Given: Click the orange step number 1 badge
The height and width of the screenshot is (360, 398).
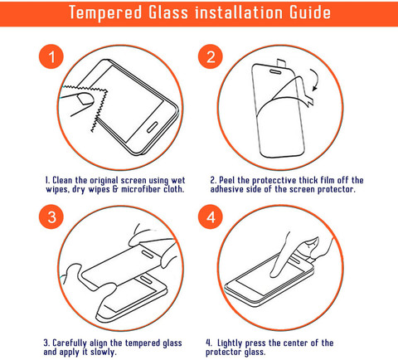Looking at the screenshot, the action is [51, 56].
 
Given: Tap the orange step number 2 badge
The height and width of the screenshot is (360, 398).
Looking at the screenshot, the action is [211, 56].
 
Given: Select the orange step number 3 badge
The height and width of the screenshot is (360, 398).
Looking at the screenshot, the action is [51, 216].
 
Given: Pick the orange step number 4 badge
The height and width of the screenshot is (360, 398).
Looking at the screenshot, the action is [211, 216].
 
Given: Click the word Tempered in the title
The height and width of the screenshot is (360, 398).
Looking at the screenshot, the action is [105, 12].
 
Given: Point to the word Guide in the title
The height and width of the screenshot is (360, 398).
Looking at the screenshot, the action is [310, 12].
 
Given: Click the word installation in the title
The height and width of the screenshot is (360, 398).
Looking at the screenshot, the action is [239, 12].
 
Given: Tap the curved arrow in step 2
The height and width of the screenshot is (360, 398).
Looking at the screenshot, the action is [315, 80].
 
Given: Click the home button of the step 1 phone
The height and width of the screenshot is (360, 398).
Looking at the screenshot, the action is [152, 127].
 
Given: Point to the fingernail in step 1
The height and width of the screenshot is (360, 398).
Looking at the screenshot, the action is [85, 99].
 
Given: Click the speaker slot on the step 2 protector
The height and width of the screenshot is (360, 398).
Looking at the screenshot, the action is [275, 71].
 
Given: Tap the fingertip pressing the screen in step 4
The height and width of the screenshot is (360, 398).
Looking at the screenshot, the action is [275, 273].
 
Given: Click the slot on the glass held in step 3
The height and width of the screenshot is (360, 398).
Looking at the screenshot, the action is [147, 254].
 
